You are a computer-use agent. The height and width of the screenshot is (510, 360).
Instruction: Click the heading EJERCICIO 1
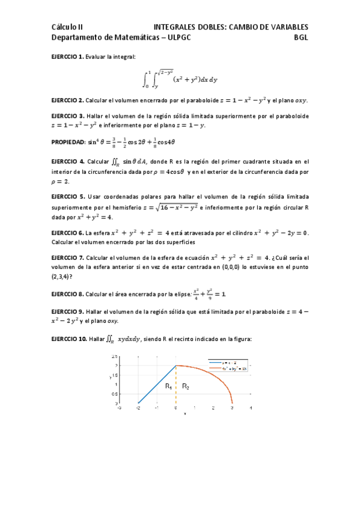tap(67, 57)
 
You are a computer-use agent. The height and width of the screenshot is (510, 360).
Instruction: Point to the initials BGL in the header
tap(301, 37)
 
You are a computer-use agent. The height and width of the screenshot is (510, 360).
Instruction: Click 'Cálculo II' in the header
tap(67, 26)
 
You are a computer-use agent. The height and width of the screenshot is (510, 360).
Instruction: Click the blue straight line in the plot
tap(156, 384)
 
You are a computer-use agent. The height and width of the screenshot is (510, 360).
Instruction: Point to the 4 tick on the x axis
tap(251, 408)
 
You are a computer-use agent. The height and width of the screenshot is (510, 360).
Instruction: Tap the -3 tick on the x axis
tap(120, 408)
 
